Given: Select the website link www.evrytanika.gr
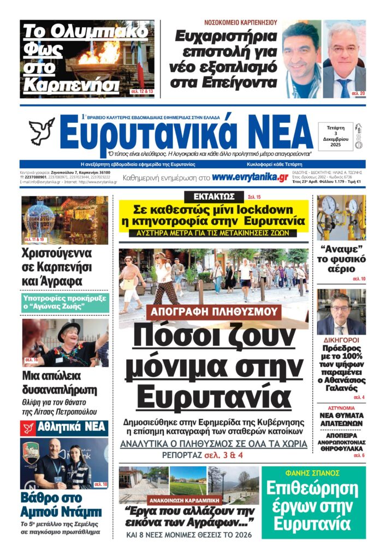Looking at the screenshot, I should click(250, 177).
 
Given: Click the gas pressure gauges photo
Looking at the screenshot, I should click(341, 217).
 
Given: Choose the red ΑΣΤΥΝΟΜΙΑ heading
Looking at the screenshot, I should click(341, 408).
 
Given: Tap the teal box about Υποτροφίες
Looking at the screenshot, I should click(65, 302).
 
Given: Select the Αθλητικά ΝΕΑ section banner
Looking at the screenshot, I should click(64, 429).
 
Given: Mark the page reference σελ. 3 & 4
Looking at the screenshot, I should click(223, 455).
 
